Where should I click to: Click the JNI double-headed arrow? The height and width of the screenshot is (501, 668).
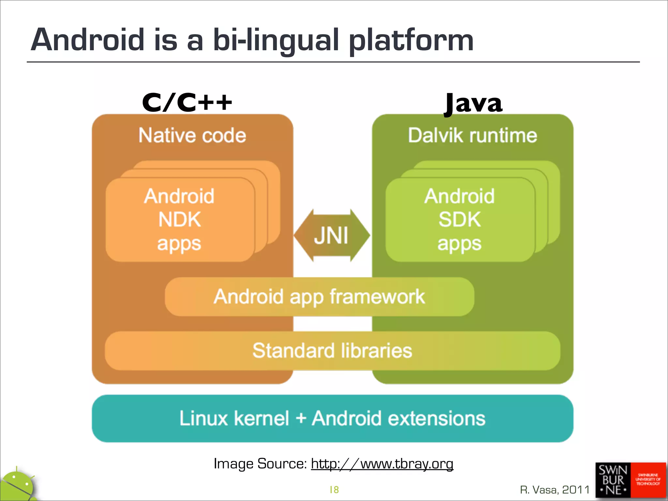[332, 235]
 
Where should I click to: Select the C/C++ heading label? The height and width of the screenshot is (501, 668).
[187, 102]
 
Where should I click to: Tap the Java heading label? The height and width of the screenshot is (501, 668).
[474, 103]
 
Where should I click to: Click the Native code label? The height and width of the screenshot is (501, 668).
[192, 135]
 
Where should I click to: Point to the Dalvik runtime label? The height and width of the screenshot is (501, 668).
[473, 135]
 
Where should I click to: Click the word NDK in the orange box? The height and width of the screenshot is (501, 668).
[179, 220]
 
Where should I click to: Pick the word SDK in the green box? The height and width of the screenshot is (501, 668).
[460, 220]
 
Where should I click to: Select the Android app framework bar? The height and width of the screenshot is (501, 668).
[319, 296]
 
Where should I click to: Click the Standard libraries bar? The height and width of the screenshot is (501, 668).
[332, 351]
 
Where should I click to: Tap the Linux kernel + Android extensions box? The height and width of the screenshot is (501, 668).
[332, 418]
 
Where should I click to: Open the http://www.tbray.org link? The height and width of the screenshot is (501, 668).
[382, 463]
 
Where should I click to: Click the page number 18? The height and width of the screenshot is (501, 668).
[334, 490]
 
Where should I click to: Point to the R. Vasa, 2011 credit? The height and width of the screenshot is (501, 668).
[555, 490]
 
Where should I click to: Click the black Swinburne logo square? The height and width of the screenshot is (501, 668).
[613, 480]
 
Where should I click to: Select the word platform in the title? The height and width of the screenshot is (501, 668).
[411, 40]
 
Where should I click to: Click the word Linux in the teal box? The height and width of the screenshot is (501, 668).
[204, 418]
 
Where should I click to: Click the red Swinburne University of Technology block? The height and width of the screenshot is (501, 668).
[648, 480]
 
